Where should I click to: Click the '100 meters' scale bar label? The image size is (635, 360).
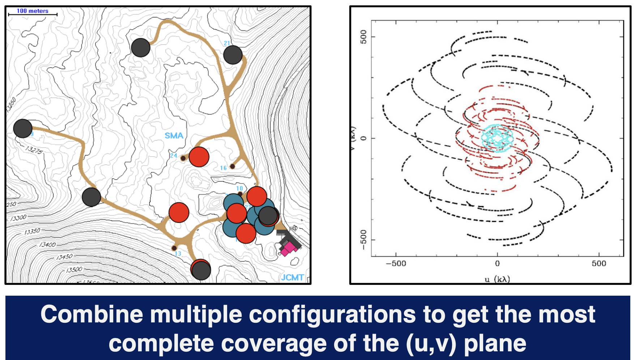(x=32, y=11)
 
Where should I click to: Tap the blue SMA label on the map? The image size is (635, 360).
(x=174, y=136)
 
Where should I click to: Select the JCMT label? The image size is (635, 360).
(x=292, y=277)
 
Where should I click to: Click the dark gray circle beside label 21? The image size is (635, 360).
(x=233, y=55)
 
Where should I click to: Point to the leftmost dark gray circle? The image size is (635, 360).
(x=23, y=128)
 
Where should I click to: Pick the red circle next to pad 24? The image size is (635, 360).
(x=199, y=157)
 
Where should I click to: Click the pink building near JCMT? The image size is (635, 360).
(x=289, y=249)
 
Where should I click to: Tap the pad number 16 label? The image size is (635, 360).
(x=223, y=168)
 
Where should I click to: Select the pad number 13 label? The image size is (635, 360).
(x=178, y=254)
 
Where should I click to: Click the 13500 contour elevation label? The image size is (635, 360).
(x=74, y=270)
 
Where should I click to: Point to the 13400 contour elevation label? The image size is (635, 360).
(x=47, y=245)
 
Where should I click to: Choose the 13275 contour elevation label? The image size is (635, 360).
(x=34, y=150)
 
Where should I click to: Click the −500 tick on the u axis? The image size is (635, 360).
(x=396, y=263)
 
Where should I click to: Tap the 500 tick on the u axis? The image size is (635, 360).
(x=599, y=263)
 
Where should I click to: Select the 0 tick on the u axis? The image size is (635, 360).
(x=497, y=263)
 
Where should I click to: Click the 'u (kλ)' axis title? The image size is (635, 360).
(x=497, y=279)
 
